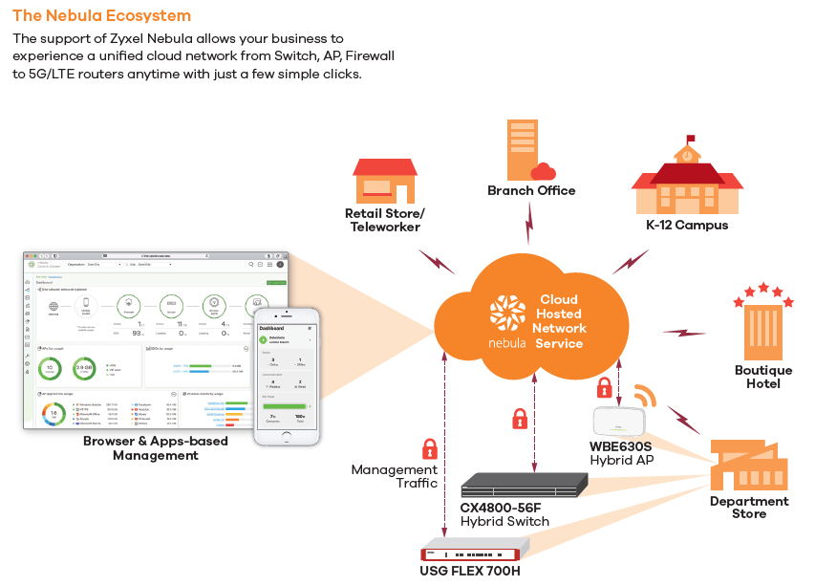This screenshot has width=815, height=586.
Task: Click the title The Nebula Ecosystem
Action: pos(101,16)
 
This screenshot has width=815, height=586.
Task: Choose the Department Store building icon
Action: pos(749,465)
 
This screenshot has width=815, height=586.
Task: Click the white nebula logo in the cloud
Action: pos(507,315)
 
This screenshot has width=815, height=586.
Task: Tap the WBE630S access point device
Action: pos(621,421)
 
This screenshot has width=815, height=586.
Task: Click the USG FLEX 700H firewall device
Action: pos(474,550)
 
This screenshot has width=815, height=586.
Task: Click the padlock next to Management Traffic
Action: pos(430,448)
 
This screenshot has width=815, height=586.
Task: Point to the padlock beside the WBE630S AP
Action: pos(604,388)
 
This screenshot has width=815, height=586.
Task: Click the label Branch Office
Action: pos(531,191)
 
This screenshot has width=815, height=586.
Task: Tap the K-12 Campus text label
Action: pos(686,226)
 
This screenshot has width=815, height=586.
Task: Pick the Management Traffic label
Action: pos(394,476)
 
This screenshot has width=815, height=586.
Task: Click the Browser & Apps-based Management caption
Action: pos(156,448)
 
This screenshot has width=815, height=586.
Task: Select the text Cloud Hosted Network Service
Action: pos(559,321)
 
